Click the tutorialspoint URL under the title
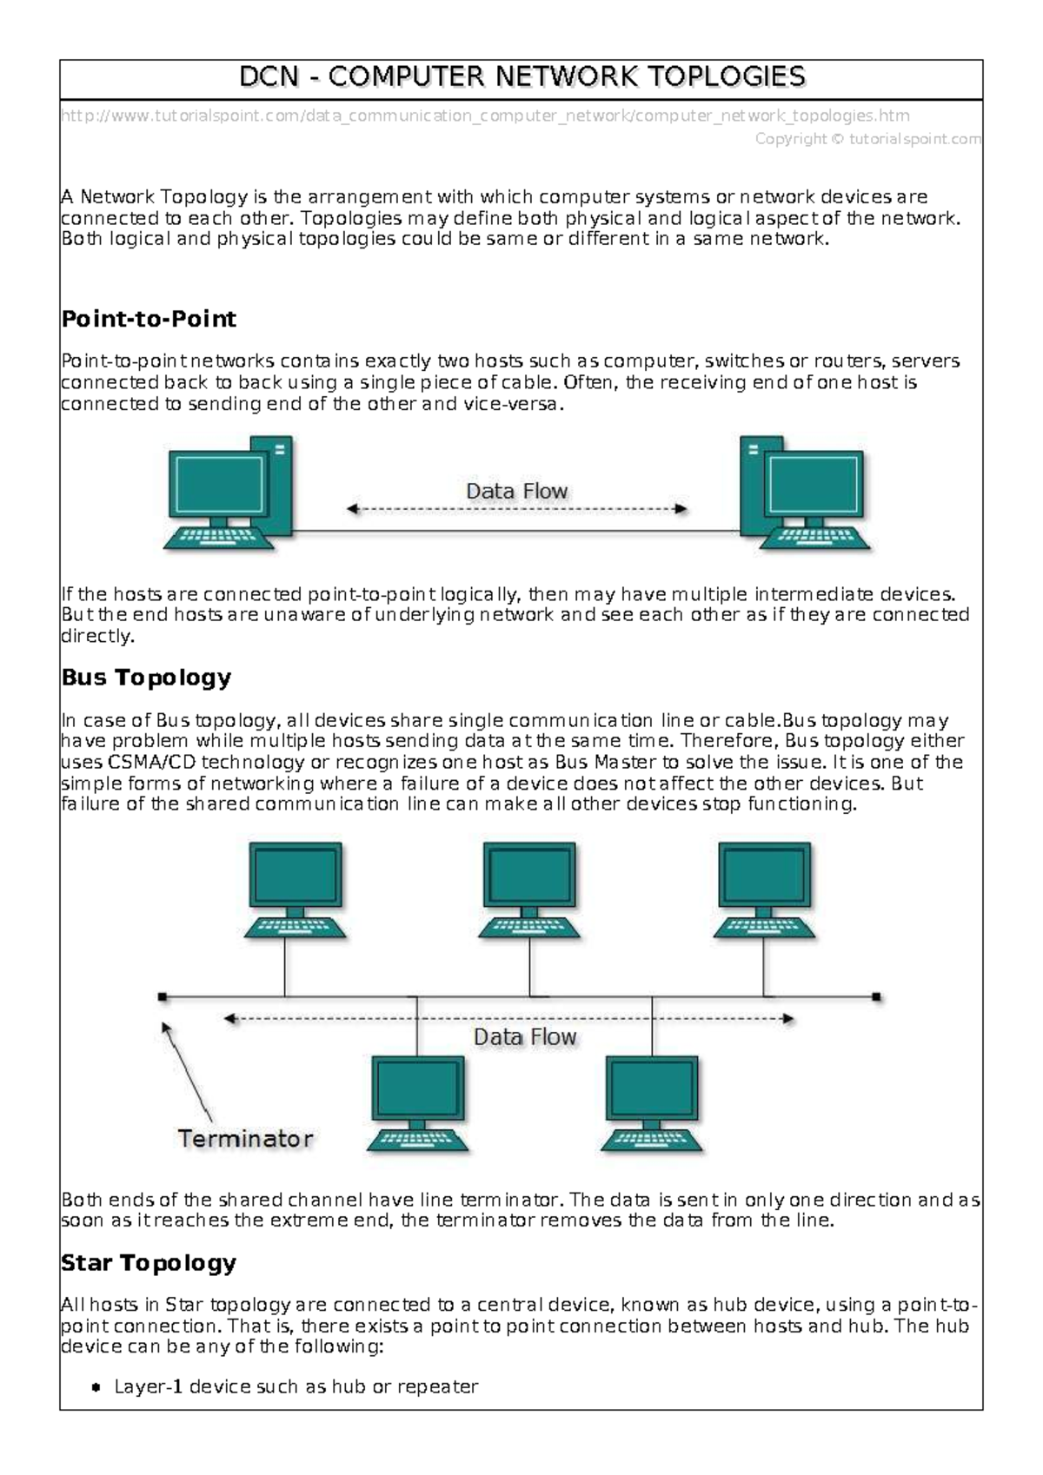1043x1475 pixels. (x=485, y=116)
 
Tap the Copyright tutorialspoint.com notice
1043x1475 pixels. (x=867, y=139)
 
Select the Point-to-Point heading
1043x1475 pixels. (x=149, y=319)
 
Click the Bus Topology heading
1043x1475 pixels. (x=146, y=678)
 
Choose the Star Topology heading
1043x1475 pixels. (x=149, y=1263)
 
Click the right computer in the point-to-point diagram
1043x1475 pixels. (x=804, y=493)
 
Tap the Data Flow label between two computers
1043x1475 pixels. (x=516, y=492)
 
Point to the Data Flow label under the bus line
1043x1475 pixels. (x=524, y=1037)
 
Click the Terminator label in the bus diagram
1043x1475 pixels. (x=245, y=1139)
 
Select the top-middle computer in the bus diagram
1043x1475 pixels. (x=530, y=890)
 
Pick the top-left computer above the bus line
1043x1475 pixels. (x=295, y=890)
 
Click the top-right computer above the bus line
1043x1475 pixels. (x=764, y=890)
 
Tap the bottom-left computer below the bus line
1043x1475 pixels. (x=417, y=1103)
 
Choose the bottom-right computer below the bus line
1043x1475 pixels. (x=652, y=1103)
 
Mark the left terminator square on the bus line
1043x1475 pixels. (x=163, y=997)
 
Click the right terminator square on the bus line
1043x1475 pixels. (x=876, y=997)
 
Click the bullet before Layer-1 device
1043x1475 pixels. (x=96, y=1387)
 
